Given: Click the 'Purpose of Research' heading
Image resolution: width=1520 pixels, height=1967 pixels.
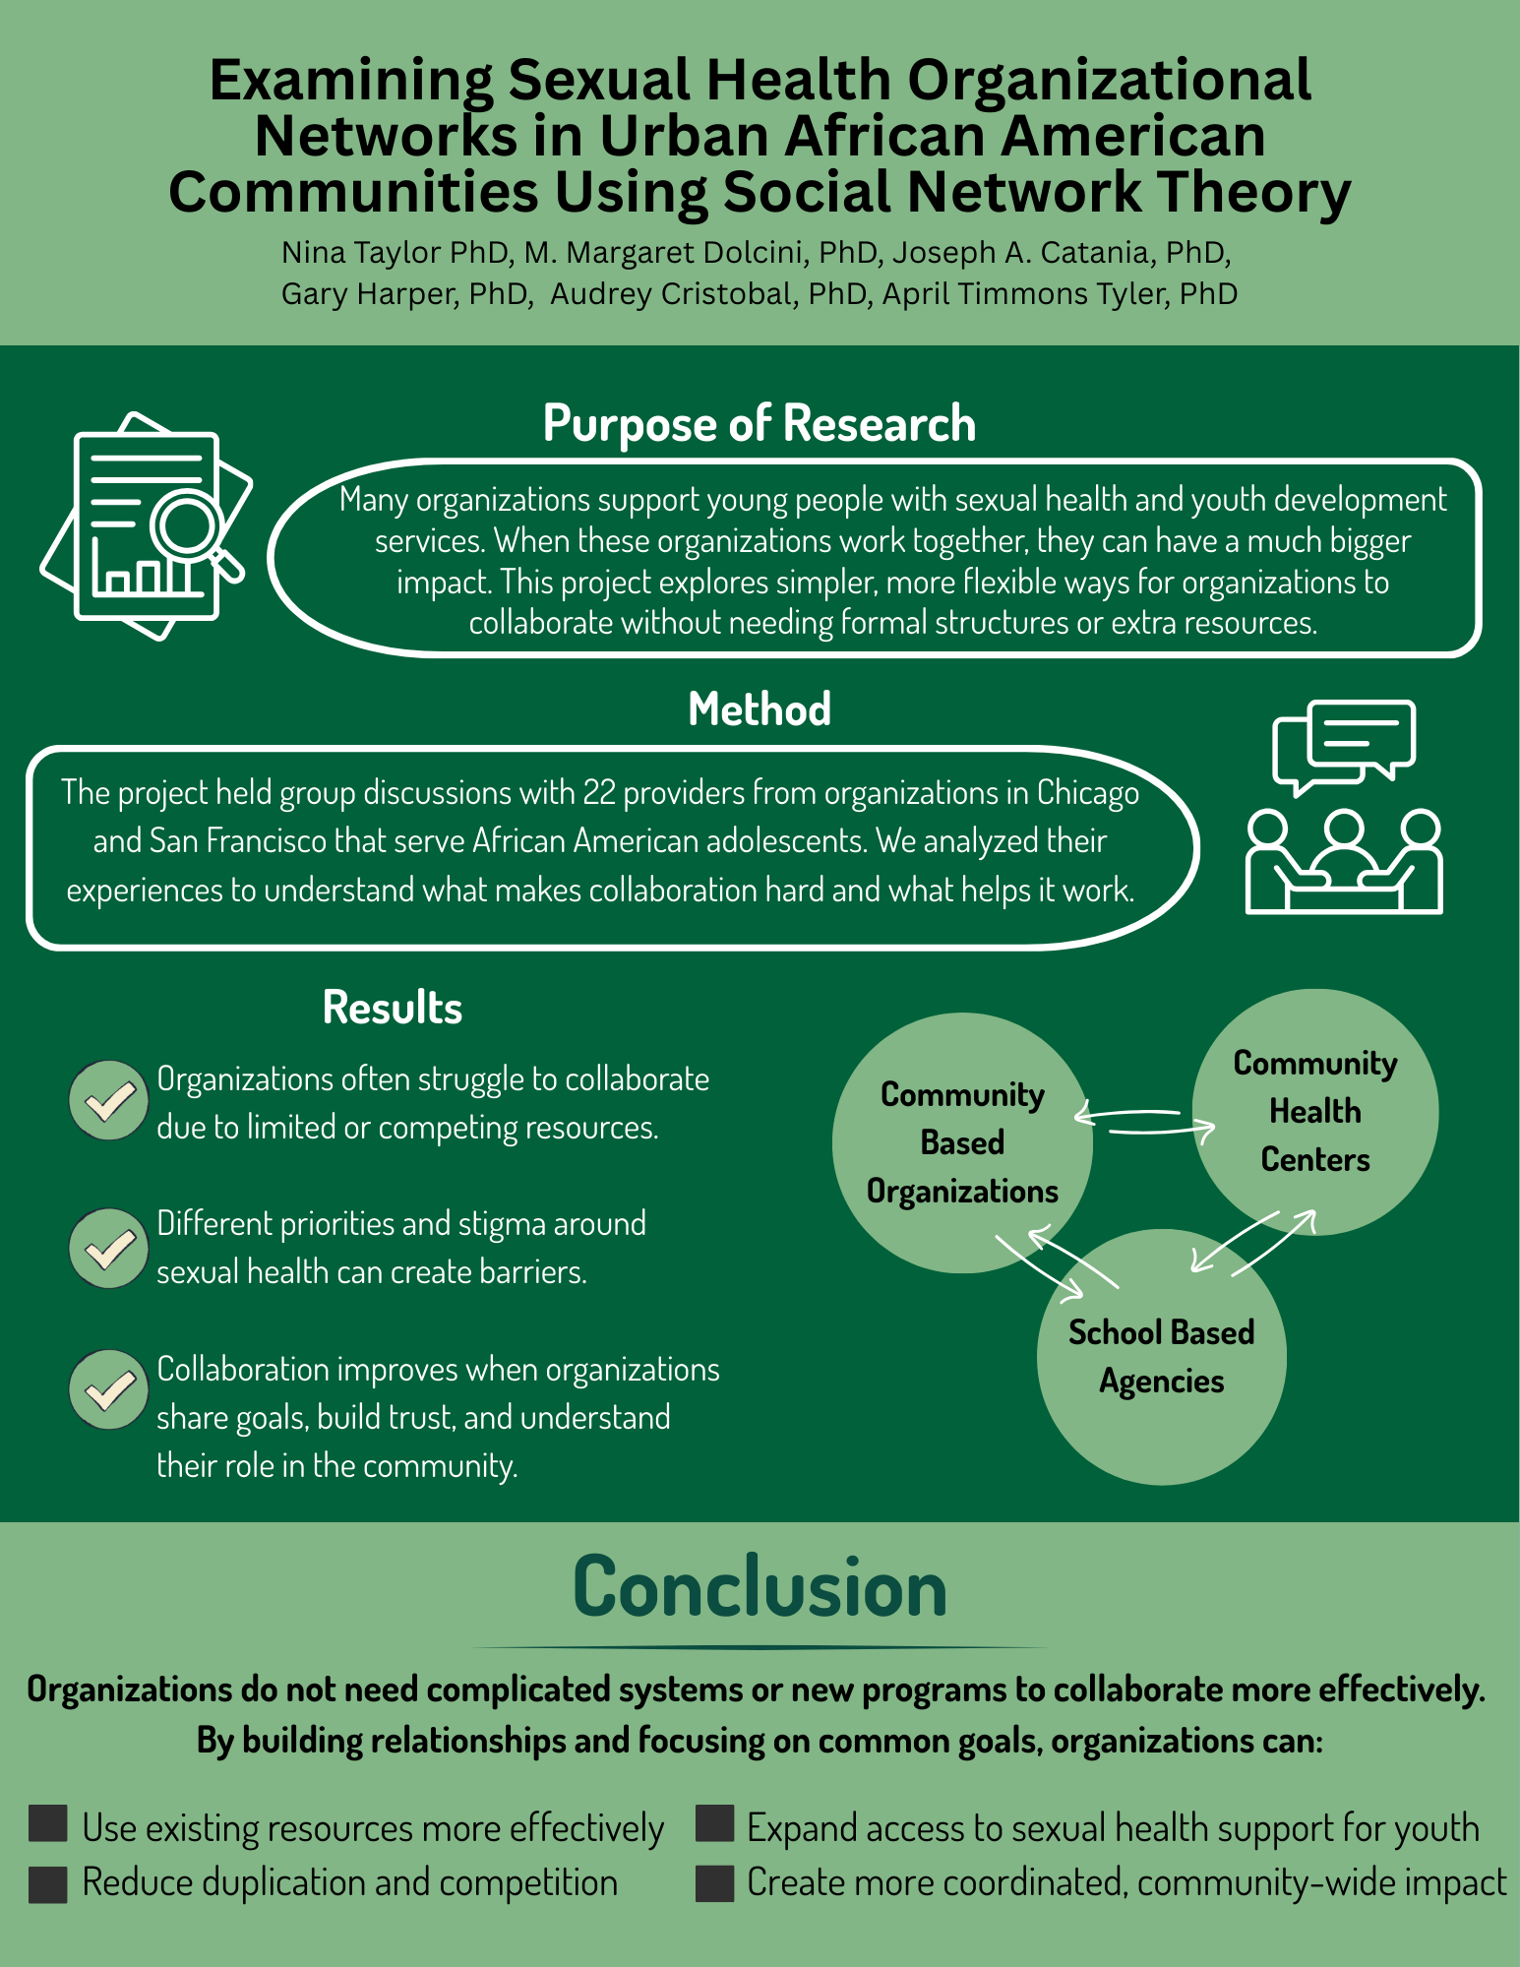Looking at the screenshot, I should (759, 424).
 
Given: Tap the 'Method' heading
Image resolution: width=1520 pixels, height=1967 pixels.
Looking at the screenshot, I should (759, 709).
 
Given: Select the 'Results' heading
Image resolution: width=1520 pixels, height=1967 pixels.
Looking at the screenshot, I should (392, 1009).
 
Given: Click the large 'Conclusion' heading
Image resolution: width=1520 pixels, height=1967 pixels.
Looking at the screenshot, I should (760, 1587).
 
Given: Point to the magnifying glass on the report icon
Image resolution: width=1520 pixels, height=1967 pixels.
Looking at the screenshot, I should (189, 523).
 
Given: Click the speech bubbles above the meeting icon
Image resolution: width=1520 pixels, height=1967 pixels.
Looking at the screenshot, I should (1344, 744).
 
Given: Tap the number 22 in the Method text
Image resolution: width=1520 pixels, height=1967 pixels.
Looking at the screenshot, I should (599, 793).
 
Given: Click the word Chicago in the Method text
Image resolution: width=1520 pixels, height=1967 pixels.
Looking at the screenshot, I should (1088, 793).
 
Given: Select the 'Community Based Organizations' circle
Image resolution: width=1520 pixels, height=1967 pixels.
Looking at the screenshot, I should (961, 1143).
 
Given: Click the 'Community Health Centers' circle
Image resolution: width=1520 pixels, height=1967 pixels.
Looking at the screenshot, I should (1314, 1112).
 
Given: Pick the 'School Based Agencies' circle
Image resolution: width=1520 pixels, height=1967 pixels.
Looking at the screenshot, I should (1161, 1358).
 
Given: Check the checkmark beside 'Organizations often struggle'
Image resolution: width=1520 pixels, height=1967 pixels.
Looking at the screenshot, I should (109, 1101).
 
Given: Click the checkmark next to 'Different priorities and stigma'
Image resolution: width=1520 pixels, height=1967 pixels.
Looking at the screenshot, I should (109, 1248).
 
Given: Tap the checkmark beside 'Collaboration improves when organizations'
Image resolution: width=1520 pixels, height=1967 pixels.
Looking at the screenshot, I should (109, 1389).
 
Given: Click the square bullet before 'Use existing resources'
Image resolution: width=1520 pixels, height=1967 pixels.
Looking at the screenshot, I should (48, 1823).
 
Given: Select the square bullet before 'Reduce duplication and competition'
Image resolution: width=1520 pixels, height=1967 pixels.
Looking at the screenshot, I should (48, 1883).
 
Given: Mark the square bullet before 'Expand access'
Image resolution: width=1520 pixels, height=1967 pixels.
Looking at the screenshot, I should (715, 1823).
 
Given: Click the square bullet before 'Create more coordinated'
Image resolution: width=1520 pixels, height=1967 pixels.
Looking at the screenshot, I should (715, 1883).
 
